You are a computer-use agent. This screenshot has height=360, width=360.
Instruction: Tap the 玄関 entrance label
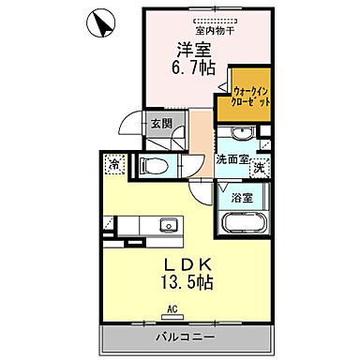coord(160,122)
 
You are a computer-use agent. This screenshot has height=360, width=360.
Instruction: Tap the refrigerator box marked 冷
coord(113,163)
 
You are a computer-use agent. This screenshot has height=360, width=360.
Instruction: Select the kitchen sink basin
coord(168,225)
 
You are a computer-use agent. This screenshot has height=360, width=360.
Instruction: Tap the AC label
coord(172,307)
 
